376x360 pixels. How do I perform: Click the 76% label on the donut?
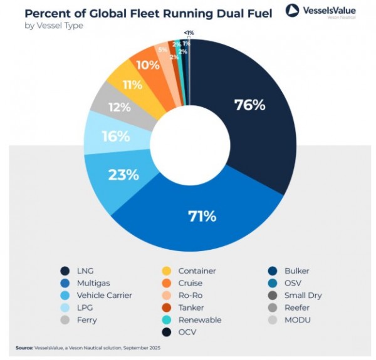249,105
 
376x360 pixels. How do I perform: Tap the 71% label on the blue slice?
202,217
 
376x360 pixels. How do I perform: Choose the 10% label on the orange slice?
148,64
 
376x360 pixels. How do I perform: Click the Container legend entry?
197,271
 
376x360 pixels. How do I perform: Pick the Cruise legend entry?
191,283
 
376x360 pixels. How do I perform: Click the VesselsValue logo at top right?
320,11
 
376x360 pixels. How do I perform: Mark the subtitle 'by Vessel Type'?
54,26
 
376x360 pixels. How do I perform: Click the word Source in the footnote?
25,347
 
